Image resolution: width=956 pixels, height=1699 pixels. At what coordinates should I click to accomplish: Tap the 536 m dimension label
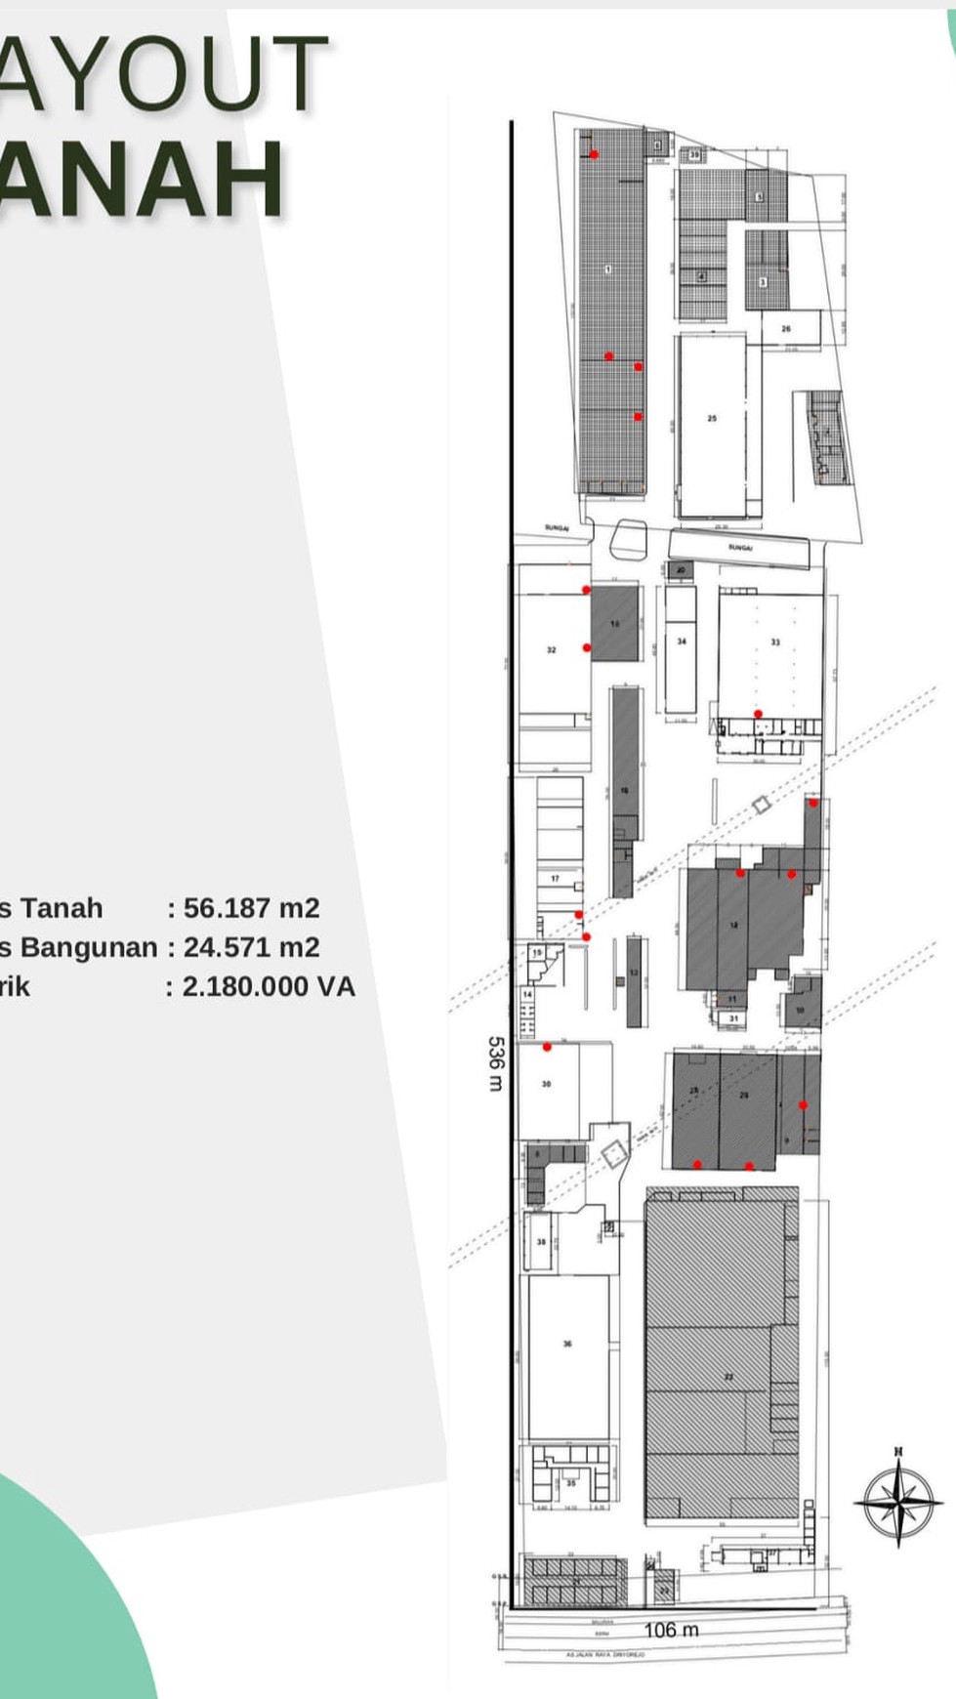tap(495, 1064)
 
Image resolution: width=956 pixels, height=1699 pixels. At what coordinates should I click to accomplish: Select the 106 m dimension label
tap(671, 1630)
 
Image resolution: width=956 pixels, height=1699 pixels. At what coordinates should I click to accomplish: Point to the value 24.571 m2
tap(251, 947)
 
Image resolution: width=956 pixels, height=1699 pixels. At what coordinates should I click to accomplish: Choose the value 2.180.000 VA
tap(269, 986)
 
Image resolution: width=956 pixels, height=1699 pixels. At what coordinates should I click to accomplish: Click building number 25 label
tap(712, 418)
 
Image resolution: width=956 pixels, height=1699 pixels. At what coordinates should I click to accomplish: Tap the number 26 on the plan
tap(786, 329)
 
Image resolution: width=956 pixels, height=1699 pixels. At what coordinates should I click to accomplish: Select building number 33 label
tap(775, 642)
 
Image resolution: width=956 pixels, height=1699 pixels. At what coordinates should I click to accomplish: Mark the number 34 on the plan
tap(682, 642)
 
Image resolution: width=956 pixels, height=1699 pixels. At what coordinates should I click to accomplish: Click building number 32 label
tap(552, 650)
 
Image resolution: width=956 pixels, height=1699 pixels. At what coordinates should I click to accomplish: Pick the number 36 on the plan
tap(567, 1344)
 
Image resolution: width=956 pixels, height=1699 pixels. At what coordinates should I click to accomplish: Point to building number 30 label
tap(546, 1084)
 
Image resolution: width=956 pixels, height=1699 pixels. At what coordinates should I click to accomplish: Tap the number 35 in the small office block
tap(571, 1483)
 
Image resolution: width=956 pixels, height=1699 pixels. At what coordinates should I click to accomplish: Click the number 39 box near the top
tap(694, 155)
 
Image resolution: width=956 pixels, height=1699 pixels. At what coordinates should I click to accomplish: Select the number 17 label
tap(555, 879)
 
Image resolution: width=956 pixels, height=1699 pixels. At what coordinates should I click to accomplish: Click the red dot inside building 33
tap(759, 714)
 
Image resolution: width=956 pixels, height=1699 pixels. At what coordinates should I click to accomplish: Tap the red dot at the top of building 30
tap(548, 1047)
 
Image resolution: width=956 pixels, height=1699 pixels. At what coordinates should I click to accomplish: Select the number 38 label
tap(541, 1242)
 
